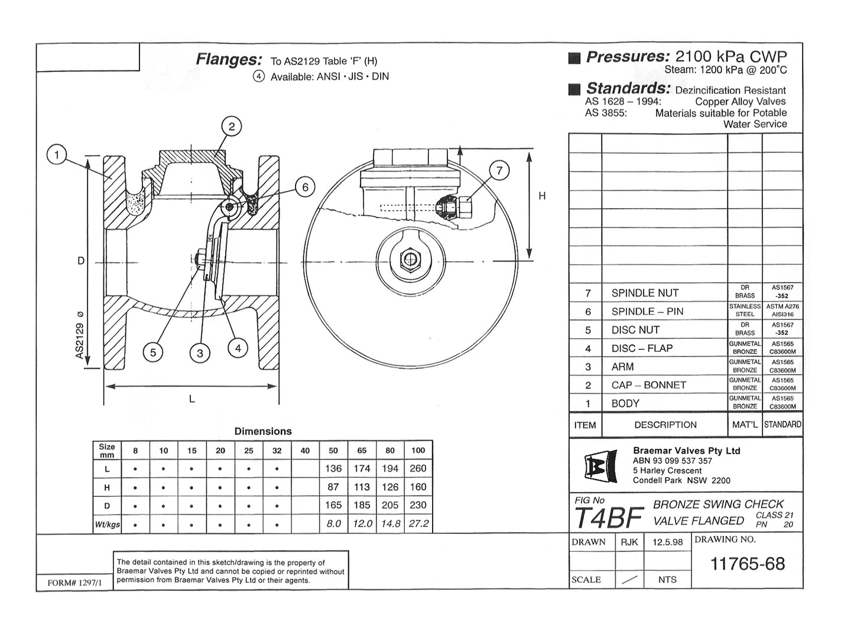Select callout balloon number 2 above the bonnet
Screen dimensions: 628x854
point(231,126)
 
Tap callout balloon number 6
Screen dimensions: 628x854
point(305,187)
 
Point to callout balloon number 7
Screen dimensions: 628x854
point(499,171)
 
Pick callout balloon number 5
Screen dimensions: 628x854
point(152,352)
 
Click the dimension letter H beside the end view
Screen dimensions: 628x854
point(542,196)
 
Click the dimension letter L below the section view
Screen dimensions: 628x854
point(191,399)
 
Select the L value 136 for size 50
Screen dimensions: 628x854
point(333,468)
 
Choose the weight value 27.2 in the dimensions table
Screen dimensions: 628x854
point(418,524)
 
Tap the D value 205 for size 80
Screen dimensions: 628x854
point(390,506)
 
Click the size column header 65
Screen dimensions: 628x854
point(362,451)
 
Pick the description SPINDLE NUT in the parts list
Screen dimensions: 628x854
point(645,293)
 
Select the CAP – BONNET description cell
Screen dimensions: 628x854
point(648,385)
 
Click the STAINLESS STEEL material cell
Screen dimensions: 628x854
point(745,310)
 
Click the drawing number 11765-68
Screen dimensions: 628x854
point(747,564)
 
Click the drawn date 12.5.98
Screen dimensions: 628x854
point(667,542)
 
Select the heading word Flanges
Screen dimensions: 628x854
point(229,60)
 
